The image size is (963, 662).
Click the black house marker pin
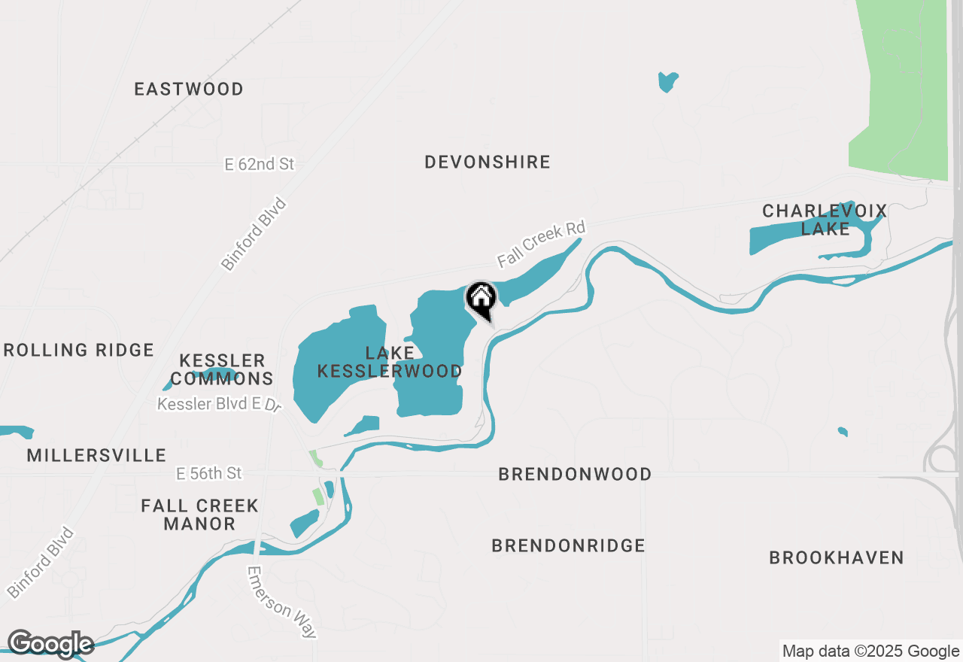coord(481,299)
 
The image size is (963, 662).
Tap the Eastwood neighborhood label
coord(189,89)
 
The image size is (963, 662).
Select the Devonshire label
coord(488,162)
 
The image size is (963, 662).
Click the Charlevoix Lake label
coord(825,220)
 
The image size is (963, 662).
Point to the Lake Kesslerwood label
coord(390,362)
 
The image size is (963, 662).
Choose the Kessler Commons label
coord(222,369)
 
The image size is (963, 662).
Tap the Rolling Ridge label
coord(78,350)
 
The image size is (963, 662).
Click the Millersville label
coord(96,455)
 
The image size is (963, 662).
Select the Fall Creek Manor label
coord(200,515)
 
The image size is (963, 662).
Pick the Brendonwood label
coord(575,474)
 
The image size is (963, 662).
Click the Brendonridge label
coord(568,545)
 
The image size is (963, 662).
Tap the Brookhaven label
coord(836,557)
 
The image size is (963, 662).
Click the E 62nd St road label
coord(260,164)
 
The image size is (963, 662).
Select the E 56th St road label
coord(209,473)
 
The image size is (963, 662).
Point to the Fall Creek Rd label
coord(541,244)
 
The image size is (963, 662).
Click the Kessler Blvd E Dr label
coord(219,405)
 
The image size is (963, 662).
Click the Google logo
coord(50,644)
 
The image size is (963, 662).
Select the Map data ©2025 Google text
coord(870,651)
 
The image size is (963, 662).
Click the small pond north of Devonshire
coord(667,80)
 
